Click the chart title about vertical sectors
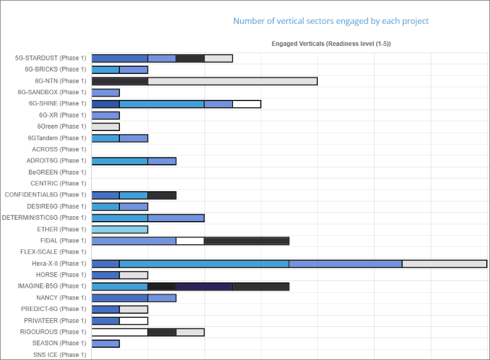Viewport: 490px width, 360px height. coord(331,21)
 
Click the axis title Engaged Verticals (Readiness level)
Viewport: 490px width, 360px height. coord(331,44)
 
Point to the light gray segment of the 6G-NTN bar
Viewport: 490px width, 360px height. coord(233,81)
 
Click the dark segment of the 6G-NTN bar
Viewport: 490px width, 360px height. coord(120,81)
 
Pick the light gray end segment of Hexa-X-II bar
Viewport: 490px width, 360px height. coord(444,263)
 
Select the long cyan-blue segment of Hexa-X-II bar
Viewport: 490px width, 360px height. coord(204,263)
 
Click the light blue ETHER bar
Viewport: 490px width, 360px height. coord(120,229)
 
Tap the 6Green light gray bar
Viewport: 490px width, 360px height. coord(106,127)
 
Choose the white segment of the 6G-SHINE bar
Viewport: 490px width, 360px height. coord(247,103)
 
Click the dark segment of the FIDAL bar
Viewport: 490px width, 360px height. coord(247,241)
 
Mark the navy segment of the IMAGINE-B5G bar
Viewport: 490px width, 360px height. coord(205,286)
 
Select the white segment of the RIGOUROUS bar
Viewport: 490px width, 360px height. coord(120,332)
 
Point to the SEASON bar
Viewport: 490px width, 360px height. coord(106,343)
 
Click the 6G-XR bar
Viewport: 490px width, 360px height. coord(106,115)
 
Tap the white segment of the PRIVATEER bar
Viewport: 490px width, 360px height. coord(134,320)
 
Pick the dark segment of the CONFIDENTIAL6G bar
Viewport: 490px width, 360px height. coord(162,195)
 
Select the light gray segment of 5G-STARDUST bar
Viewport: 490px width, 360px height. coord(219,58)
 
